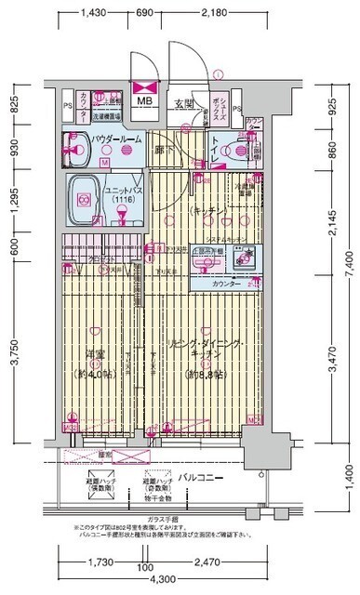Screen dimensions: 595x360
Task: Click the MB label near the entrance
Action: tap(146, 101)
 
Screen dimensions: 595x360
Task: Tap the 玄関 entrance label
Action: tap(182, 102)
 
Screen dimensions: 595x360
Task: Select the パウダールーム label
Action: tap(117, 138)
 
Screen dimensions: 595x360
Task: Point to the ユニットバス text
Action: tap(121, 190)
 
